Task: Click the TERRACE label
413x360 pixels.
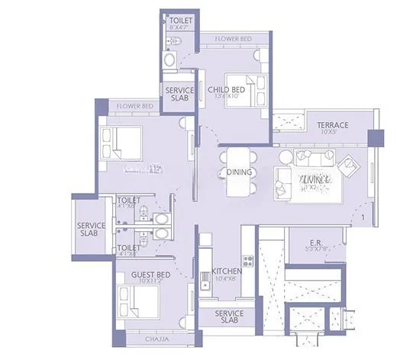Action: click(333, 125)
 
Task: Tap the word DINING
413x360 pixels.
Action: click(240, 172)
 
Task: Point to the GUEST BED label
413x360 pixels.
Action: click(152, 274)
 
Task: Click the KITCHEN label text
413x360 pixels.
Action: click(227, 272)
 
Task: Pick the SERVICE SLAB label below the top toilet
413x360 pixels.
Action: click(180, 94)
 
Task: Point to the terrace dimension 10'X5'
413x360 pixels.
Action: click(333, 133)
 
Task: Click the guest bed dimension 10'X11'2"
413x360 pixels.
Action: click(152, 281)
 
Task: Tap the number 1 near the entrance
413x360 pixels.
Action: click(362, 219)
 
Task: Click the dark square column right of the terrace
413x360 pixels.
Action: click(375, 137)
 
